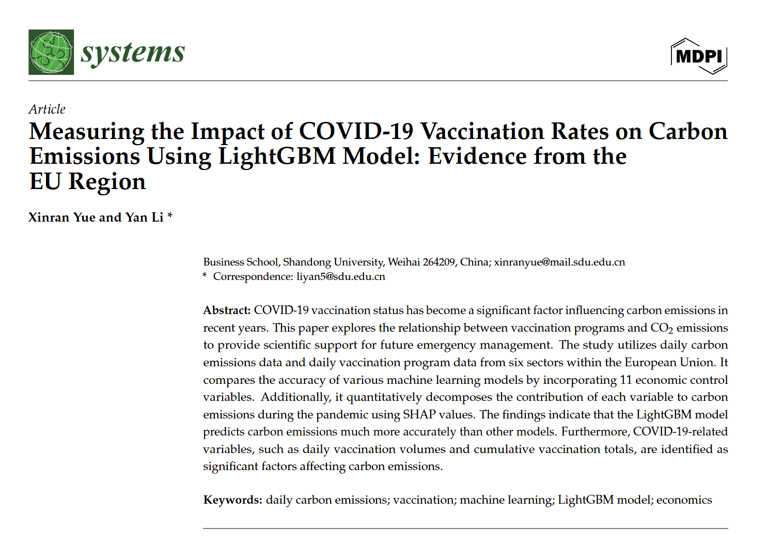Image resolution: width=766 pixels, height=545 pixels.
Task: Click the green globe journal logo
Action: (x=51, y=52)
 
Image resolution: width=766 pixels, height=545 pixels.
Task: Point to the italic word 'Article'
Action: (x=47, y=110)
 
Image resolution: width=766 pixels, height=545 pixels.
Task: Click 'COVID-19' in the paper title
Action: (x=356, y=131)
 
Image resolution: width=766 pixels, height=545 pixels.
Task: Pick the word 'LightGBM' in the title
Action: (x=277, y=156)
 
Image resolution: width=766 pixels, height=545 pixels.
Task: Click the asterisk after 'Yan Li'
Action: (x=170, y=216)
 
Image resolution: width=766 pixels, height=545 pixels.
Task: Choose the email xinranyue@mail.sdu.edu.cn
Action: (x=559, y=262)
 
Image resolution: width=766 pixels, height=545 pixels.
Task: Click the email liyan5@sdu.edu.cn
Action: (x=341, y=276)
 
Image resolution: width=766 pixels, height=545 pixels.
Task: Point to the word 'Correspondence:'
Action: (x=253, y=276)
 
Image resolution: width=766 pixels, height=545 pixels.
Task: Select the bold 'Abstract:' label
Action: (x=227, y=310)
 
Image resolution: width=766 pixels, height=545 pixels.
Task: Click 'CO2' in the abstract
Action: (x=662, y=328)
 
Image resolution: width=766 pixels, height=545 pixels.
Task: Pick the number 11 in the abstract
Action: (x=626, y=380)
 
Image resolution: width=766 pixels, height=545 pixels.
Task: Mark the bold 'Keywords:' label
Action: (x=232, y=500)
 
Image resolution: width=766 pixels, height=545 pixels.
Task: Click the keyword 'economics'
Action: (x=684, y=500)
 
